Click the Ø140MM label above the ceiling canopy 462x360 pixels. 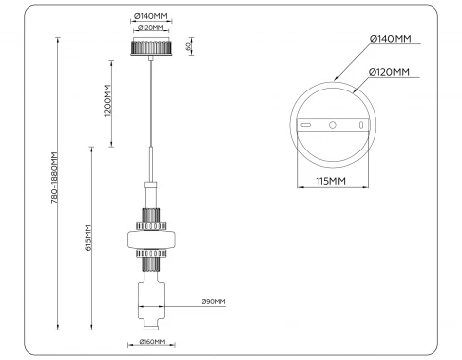149,17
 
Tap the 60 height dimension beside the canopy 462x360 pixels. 187,46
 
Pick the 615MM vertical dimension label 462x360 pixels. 88,239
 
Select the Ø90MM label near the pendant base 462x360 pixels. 213,301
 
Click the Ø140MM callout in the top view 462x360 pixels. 389,39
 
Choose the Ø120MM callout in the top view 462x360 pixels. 391,71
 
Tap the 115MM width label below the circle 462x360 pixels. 330,181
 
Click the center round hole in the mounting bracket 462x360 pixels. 333,126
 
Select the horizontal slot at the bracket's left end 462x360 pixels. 306,126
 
